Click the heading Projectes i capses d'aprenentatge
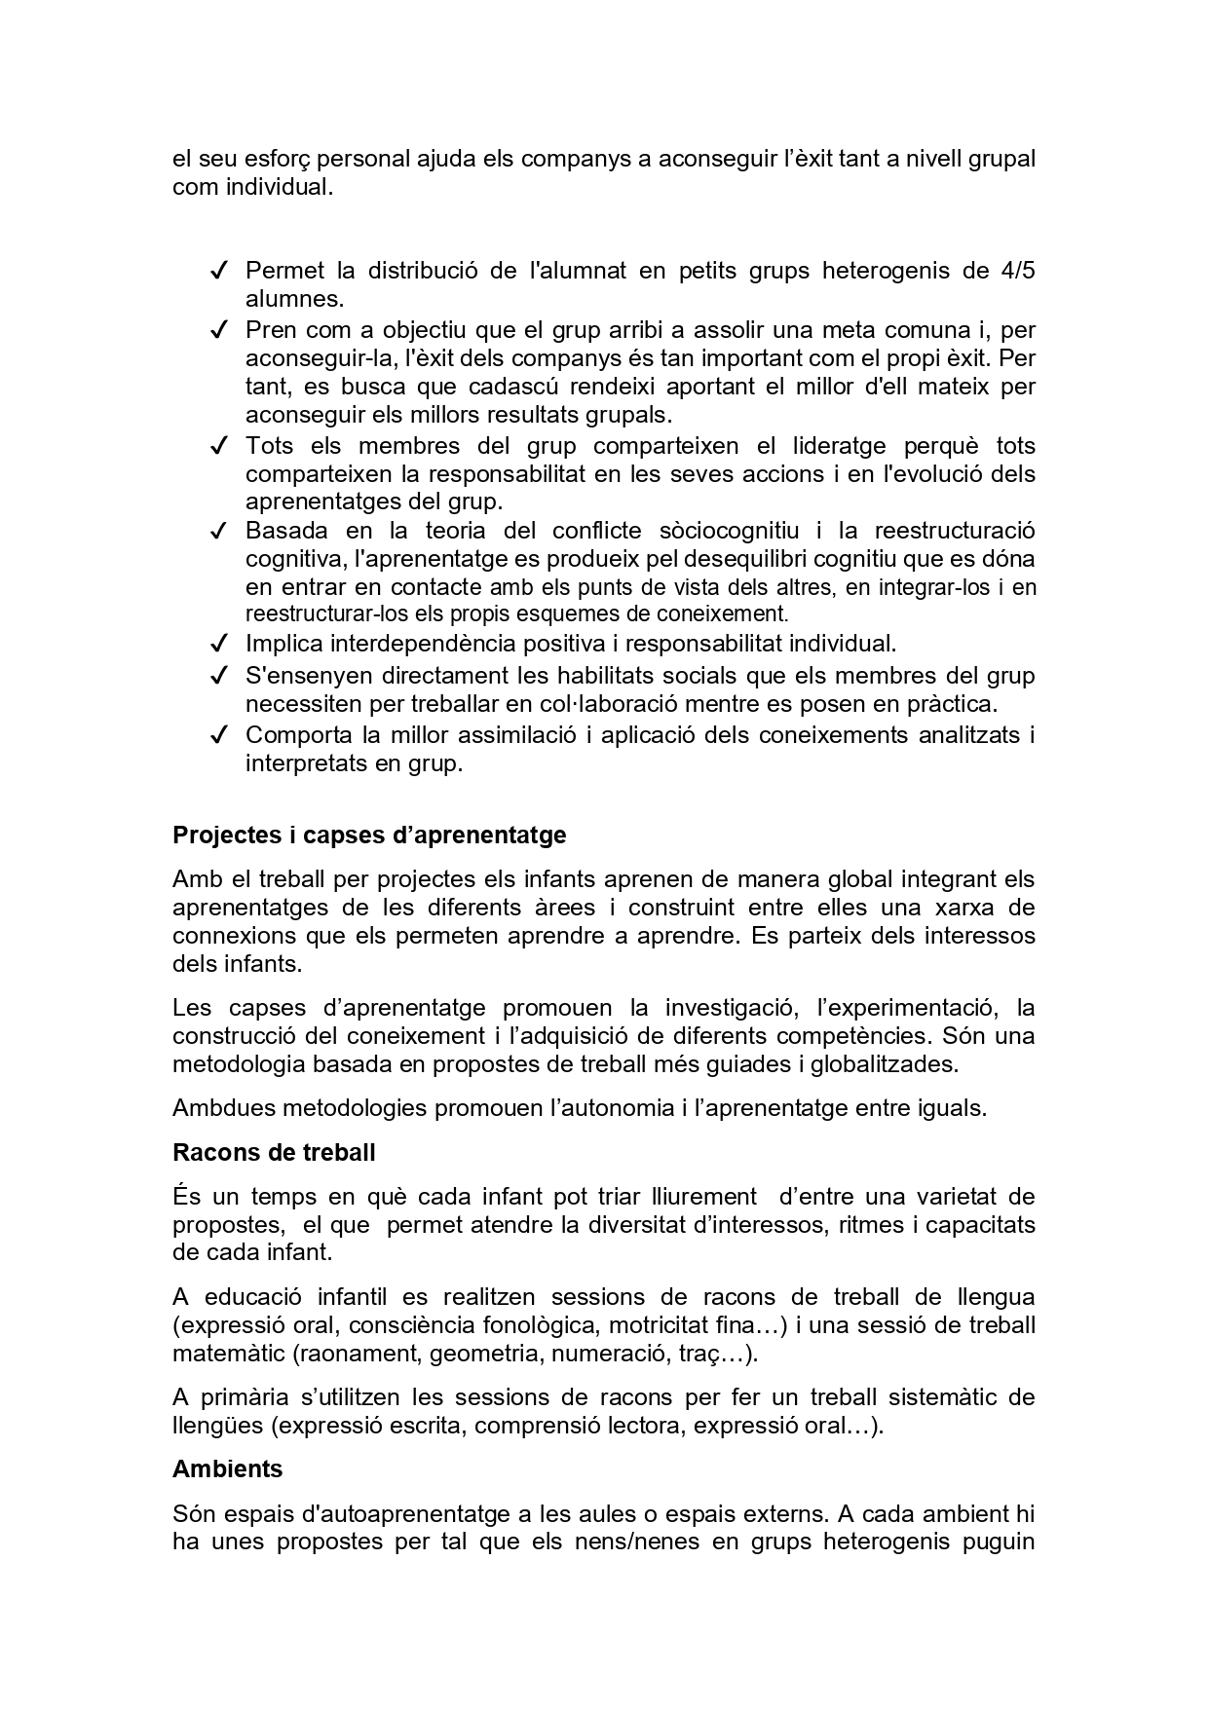[369, 836]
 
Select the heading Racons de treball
[274, 1153]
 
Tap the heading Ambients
[228, 1468]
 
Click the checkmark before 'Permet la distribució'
[219, 271]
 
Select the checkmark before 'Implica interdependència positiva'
[219, 644]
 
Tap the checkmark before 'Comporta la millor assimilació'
[219, 735]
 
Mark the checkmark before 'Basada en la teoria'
[219, 532]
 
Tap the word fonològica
[553, 1325]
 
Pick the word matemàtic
[226, 1354]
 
